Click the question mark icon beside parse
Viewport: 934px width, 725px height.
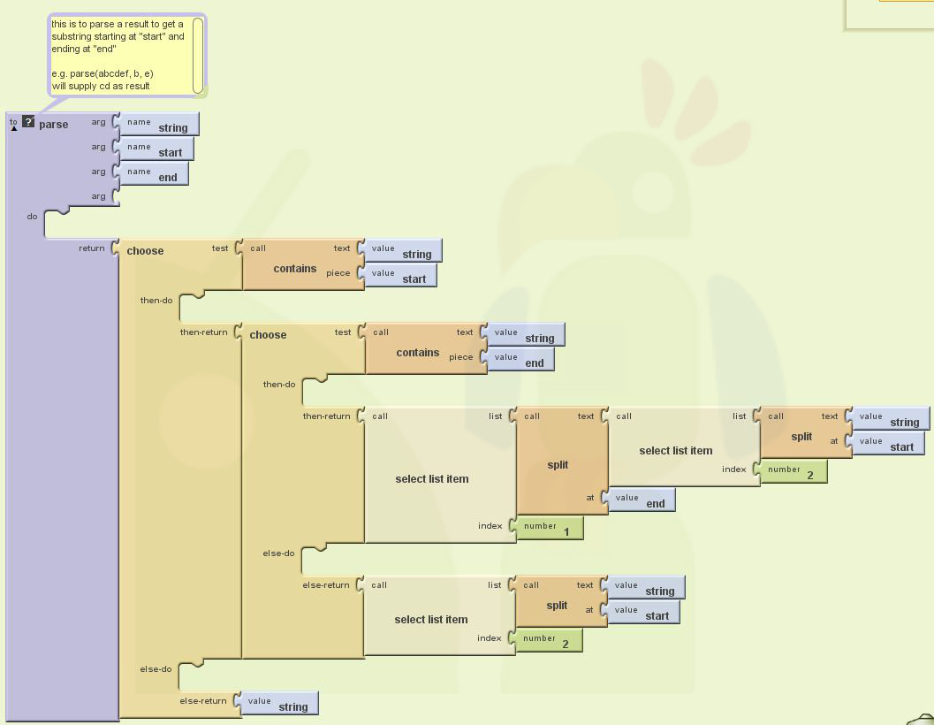[28, 122]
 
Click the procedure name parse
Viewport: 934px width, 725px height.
[53, 125]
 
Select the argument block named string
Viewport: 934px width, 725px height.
[159, 125]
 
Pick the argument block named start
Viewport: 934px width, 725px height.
[156, 149]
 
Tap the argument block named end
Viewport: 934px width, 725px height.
[154, 174]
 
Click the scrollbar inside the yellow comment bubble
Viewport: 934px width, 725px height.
[197, 55]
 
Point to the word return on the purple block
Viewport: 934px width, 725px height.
[92, 248]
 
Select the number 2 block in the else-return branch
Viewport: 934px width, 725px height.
[549, 641]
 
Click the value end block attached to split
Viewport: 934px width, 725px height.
[642, 500]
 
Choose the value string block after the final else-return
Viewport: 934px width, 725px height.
[279, 704]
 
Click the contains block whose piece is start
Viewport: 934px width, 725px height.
[294, 269]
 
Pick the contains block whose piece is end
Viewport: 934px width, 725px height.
[417, 353]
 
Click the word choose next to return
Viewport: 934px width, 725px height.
[145, 251]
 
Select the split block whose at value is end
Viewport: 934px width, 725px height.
[558, 465]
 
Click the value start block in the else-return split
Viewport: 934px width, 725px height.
[644, 613]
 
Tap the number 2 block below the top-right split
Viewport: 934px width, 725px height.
[794, 472]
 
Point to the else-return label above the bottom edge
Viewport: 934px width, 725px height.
[203, 701]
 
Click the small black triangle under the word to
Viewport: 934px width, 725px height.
[14, 129]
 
